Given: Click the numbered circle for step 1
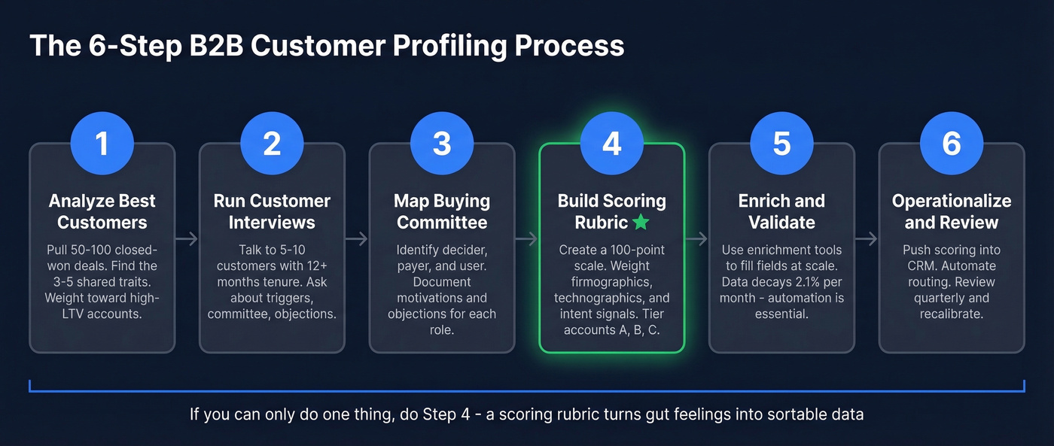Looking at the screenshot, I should pos(102,143).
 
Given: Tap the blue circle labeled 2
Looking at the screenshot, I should pos(272,143).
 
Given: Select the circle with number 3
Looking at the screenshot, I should pos(442,143).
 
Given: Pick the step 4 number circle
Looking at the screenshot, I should pos(612,143).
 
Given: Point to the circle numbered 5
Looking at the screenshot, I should pos(782,143).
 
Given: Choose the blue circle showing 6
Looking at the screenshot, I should pos(952,143).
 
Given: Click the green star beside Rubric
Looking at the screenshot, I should pos(641,223).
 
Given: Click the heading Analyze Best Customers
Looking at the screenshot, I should pos(102,211).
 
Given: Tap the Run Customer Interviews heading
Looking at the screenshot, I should pos(272,211).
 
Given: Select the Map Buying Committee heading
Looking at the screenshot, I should pos(442,211).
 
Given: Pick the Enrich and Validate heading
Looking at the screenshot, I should pos(782,211).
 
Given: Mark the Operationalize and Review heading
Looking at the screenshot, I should pos(952,211).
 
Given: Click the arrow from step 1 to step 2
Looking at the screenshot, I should pos(187,239).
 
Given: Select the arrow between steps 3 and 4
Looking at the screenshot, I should pos(527,239).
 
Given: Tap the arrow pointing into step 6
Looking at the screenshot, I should pos(867,239).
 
